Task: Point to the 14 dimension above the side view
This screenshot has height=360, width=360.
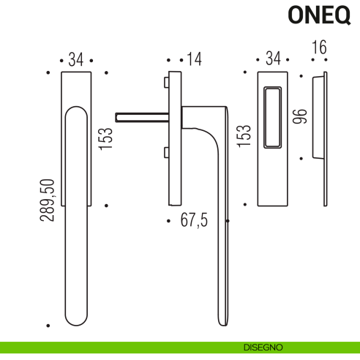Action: point(194,59)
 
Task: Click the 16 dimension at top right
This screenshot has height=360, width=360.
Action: point(318,48)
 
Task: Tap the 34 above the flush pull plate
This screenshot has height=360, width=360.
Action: point(273,59)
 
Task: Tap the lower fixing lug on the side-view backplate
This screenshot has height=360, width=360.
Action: point(168,152)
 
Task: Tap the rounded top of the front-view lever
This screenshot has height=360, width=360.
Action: point(77,112)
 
